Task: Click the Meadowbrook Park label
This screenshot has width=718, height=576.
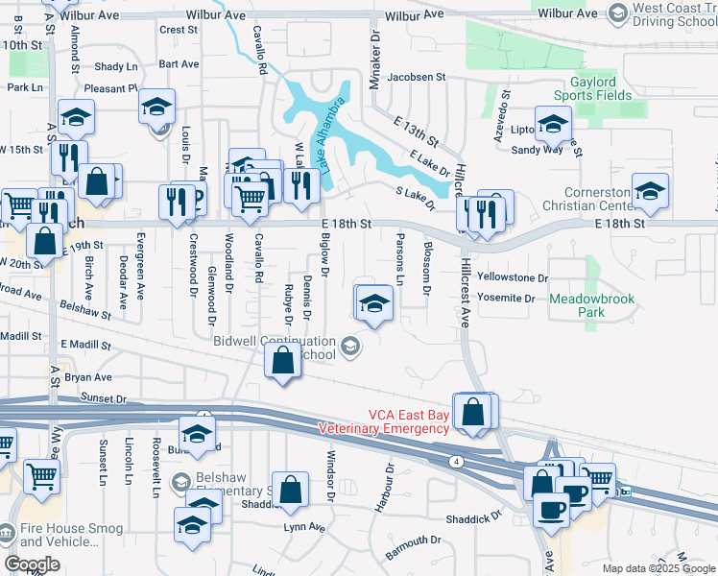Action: click(x=592, y=306)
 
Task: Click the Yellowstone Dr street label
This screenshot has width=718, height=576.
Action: click(x=512, y=277)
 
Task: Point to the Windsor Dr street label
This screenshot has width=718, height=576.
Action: click(x=330, y=474)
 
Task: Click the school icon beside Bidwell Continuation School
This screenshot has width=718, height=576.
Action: click(x=351, y=347)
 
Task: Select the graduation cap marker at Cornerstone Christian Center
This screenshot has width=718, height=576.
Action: click(x=650, y=190)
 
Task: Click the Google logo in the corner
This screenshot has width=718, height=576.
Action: click(x=32, y=564)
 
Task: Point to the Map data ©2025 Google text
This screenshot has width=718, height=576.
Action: click(x=658, y=568)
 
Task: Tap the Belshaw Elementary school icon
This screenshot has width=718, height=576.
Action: click(x=179, y=481)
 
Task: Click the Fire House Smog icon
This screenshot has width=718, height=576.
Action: click(x=7, y=531)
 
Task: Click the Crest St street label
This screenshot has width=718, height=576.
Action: click(x=178, y=30)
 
